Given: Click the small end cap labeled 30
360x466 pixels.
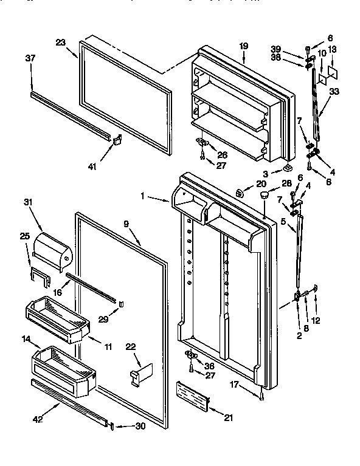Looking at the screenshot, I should [111, 425].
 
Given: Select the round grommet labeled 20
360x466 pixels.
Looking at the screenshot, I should [239, 194].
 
